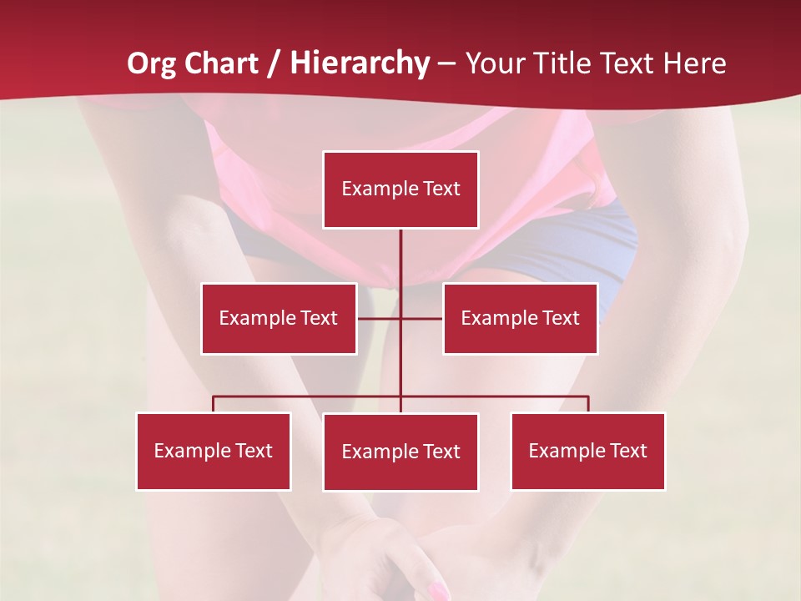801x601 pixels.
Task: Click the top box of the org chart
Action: pos(400,189)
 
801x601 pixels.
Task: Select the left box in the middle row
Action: pos(279,318)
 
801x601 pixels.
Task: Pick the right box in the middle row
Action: pos(520,318)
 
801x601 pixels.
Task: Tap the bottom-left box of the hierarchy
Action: pos(214,451)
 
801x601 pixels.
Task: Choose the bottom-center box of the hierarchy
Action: pos(400,452)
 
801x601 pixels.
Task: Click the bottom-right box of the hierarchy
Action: pos(587,451)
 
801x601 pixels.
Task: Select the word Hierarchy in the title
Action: pos(360,63)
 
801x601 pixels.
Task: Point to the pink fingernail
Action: pos(437,591)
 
